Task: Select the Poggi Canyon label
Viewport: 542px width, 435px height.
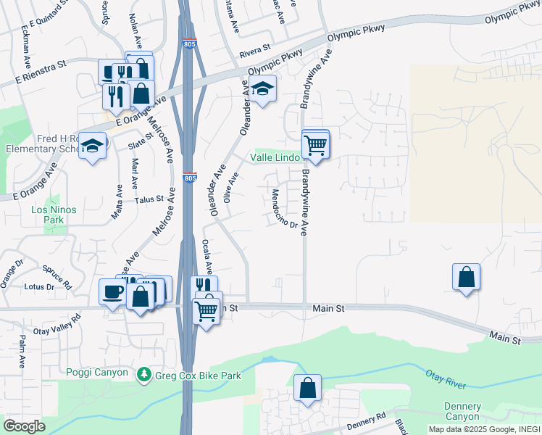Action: click(x=97, y=373)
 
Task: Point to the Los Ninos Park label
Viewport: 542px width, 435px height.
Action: click(x=54, y=214)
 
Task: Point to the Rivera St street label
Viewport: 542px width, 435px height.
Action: click(x=254, y=49)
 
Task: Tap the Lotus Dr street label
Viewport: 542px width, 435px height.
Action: click(x=39, y=287)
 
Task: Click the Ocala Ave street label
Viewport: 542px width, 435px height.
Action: click(x=207, y=257)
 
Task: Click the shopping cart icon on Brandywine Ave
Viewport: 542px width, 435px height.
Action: click(x=316, y=144)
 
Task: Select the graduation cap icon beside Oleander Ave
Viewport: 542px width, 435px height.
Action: click(x=264, y=88)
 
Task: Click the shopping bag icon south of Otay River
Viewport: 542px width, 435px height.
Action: click(x=308, y=388)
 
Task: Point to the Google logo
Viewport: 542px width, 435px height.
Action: click(x=25, y=426)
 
